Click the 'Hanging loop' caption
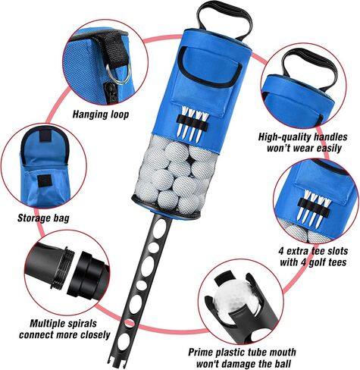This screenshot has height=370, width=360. pos(100,114)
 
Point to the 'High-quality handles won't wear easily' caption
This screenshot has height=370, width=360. pos(307,142)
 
